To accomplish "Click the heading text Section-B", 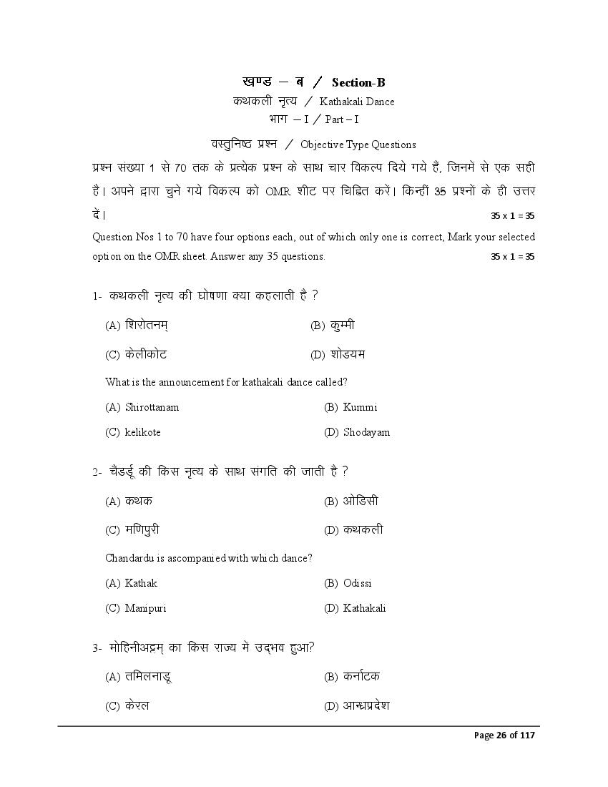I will click(x=358, y=83).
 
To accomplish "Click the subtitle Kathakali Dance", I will click(x=357, y=102).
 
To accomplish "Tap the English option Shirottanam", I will click(x=152, y=407).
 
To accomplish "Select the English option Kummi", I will click(x=360, y=407).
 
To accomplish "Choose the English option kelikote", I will click(x=142, y=432).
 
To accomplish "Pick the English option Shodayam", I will click(x=366, y=432).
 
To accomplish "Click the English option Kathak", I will click(x=141, y=583).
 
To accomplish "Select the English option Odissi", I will click(x=358, y=583).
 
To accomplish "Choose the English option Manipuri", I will click(x=145, y=608).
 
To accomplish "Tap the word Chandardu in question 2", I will click(x=130, y=557).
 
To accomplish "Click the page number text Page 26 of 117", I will click(x=504, y=735).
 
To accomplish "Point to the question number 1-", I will click(x=97, y=296).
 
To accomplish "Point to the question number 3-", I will click(x=97, y=648).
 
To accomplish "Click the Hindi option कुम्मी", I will click(x=343, y=326).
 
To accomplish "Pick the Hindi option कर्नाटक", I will click(x=361, y=676).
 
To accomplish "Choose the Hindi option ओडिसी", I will click(x=361, y=501).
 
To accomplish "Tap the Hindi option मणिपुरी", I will click(x=142, y=530).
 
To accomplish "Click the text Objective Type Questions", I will click(x=358, y=145).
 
